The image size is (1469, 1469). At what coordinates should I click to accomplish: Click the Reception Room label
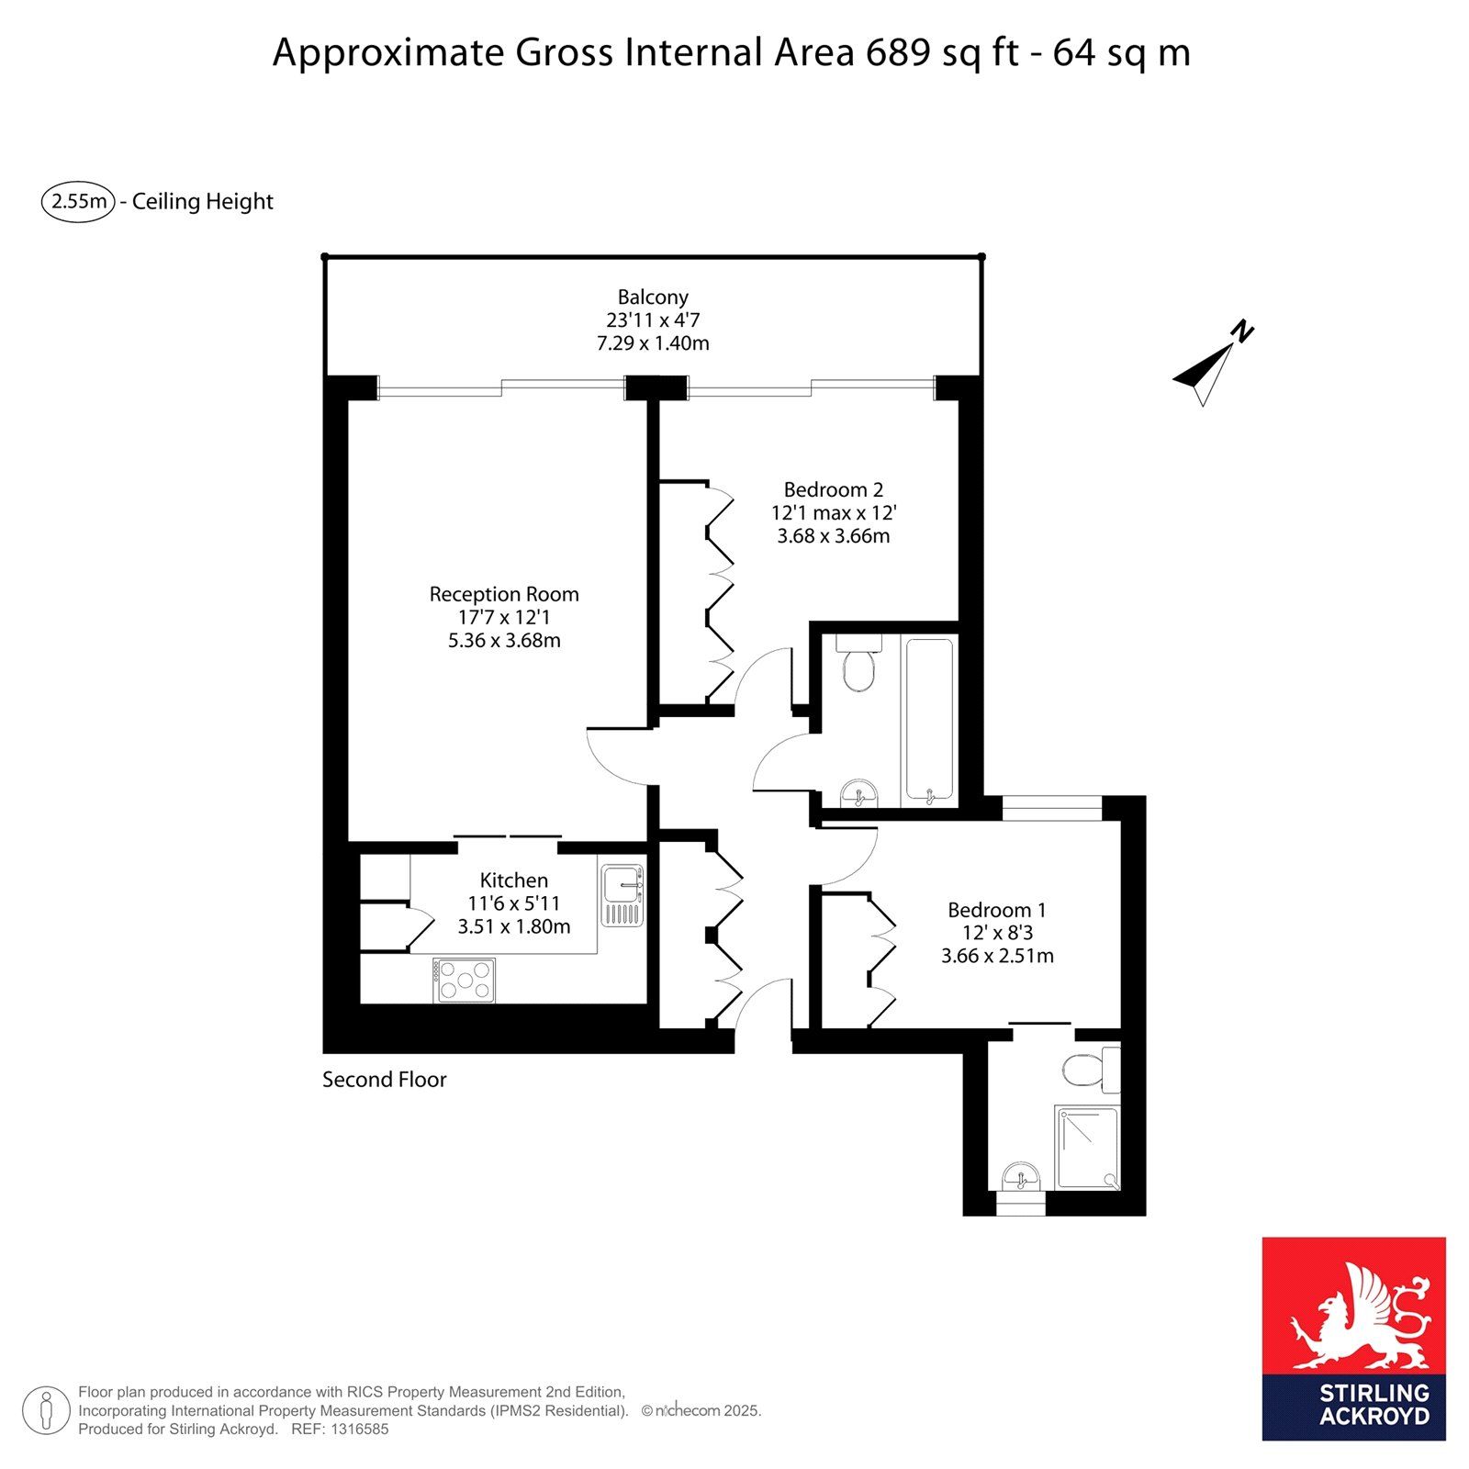[x=504, y=594]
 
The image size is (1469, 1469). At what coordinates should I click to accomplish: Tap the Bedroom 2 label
[x=833, y=489]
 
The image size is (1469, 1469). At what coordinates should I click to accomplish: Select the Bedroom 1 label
[x=997, y=910]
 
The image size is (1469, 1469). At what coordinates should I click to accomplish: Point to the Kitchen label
[x=514, y=880]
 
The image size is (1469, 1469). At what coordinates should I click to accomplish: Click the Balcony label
[x=653, y=297]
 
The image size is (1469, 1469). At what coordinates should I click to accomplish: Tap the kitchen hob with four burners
[x=465, y=981]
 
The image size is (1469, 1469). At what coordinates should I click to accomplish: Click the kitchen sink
[x=622, y=894]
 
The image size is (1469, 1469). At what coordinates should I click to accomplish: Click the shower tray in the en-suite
[x=1087, y=1148]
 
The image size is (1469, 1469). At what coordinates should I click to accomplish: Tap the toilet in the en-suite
[x=1091, y=1070]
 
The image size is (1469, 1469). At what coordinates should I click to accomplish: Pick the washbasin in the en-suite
[x=1020, y=1176]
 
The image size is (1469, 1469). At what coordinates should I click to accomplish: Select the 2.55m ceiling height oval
[x=78, y=201]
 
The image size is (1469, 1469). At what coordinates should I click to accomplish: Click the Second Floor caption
[x=384, y=1080]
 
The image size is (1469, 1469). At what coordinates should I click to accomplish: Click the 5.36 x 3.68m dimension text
[x=504, y=640]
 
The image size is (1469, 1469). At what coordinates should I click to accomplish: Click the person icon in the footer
[x=46, y=1410]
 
